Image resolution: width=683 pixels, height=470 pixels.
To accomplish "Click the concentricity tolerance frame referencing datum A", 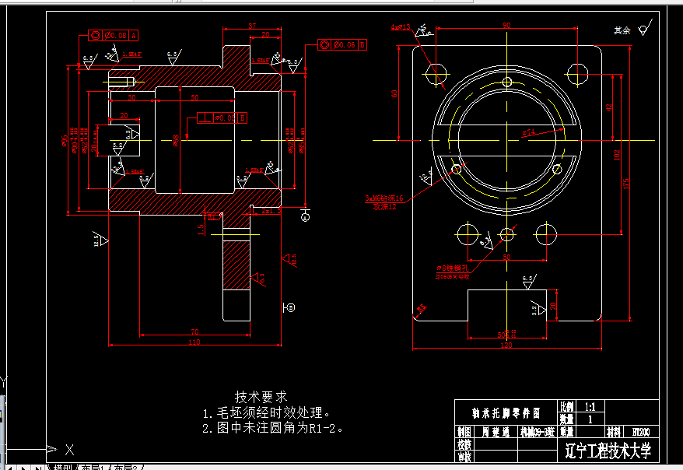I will point(113,35).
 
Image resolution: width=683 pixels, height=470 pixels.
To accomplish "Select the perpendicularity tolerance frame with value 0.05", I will point(222,117).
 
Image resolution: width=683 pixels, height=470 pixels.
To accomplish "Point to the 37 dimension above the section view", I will point(252,26).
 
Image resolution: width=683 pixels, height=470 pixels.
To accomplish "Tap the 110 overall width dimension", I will point(194,342).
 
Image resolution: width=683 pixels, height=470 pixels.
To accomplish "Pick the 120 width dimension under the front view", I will point(507,345).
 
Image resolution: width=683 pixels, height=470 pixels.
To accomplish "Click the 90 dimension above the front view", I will point(506,26).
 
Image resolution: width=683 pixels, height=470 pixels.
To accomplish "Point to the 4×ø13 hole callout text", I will point(400,28).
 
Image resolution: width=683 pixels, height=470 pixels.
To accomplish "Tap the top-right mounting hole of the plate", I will point(577,74).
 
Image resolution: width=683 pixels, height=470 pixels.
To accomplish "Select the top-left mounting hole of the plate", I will point(436,74).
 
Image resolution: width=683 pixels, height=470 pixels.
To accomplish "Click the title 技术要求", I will point(261,396).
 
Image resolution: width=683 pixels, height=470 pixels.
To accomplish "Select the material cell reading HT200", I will point(640,431).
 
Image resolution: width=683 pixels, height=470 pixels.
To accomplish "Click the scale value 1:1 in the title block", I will point(589,406).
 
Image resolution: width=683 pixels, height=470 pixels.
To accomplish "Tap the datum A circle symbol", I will point(305,218).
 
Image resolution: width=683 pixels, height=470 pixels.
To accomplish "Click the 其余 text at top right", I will point(621,30).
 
